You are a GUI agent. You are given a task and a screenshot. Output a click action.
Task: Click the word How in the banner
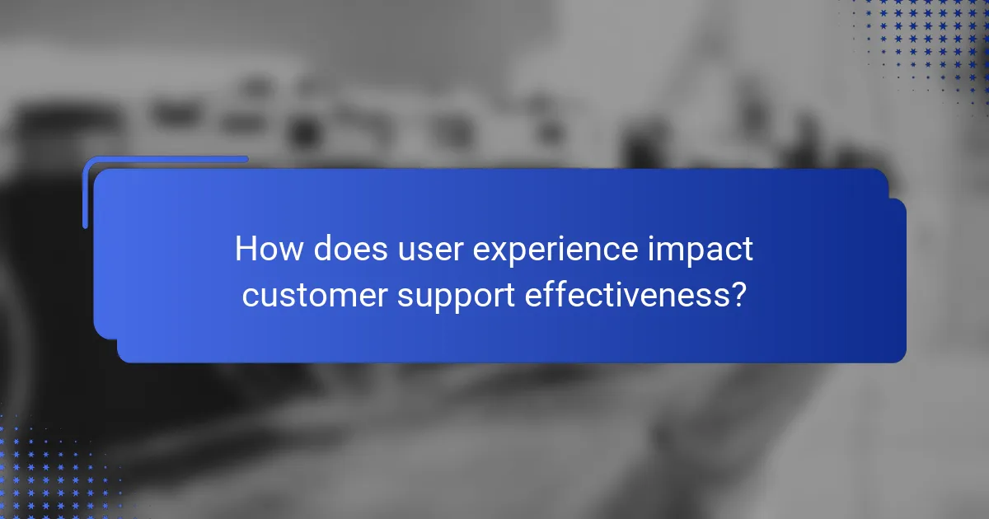(x=268, y=250)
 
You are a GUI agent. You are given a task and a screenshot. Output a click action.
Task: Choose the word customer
(x=314, y=295)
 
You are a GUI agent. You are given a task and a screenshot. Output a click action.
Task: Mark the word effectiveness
(x=625, y=294)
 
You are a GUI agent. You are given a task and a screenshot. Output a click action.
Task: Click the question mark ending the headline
(x=738, y=294)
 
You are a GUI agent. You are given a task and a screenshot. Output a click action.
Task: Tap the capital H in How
(x=246, y=250)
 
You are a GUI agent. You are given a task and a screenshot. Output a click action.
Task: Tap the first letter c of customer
(x=249, y=296)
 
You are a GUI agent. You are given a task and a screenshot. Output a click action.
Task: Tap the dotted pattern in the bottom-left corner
(x=49, y=470)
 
